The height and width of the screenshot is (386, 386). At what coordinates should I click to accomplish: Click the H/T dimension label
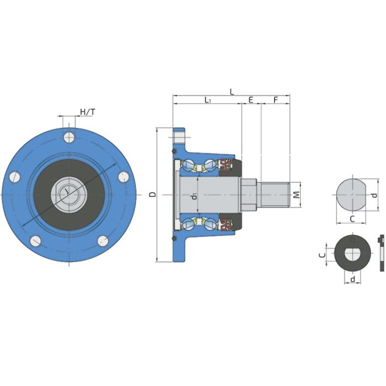tap(87, 112)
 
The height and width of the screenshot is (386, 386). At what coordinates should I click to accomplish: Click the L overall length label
tap(232, 92)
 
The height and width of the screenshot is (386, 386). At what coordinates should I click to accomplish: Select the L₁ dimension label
tap(208, 100)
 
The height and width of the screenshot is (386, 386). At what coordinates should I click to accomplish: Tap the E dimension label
tap(251, 100)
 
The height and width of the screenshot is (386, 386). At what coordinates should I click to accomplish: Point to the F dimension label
tap(276, 100)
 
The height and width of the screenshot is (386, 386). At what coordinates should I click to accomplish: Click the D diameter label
tap(153, 195)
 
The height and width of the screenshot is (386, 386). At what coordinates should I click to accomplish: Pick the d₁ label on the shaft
tap(195, 196)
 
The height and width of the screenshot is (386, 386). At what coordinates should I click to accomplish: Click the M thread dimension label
tap(297, 195)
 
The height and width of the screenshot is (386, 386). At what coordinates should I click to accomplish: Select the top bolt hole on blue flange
tap(69, 137)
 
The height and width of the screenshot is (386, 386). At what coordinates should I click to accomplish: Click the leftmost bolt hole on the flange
tap(15, 177)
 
